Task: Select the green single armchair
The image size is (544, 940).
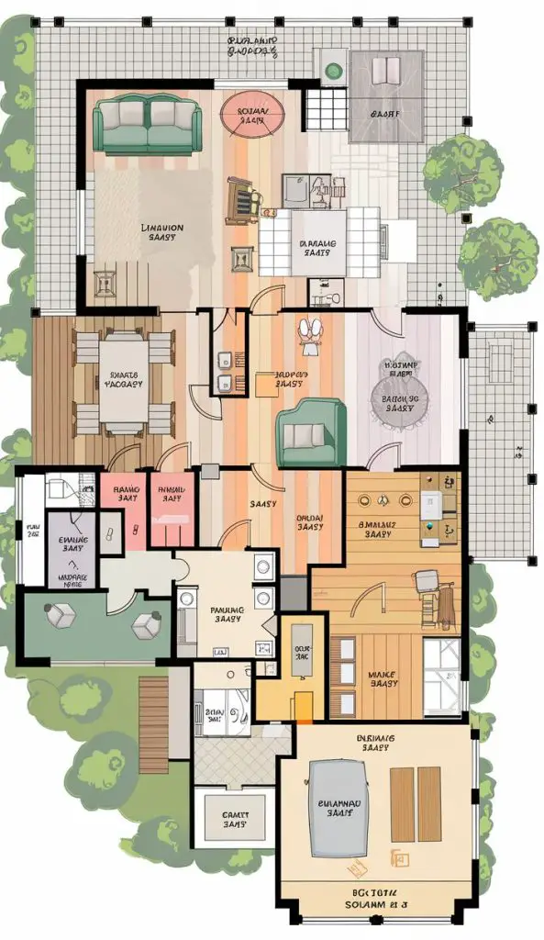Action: [311, 433]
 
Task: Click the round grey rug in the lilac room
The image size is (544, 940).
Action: [400, 402]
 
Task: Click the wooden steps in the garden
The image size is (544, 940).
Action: [153, 711]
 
